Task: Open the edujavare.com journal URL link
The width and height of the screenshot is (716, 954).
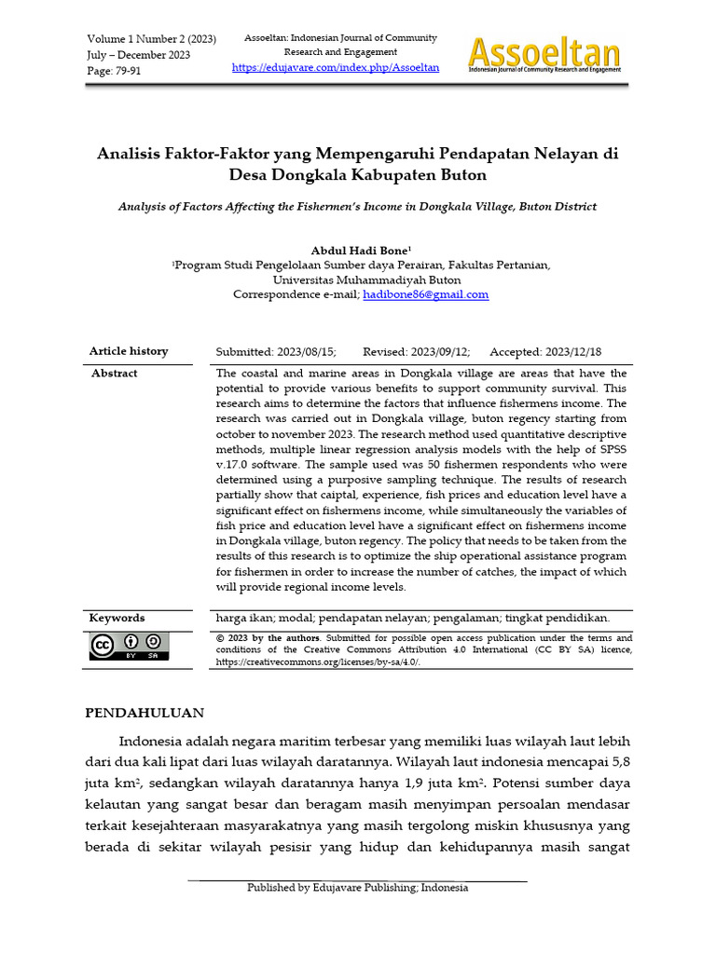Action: coord(335,68)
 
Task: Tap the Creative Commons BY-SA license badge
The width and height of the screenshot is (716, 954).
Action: coord(130,647)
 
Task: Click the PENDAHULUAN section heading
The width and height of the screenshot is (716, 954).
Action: coord(145,713)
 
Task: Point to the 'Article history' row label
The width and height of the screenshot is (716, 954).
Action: coord(129,351)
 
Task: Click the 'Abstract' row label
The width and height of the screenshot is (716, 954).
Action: coord(114,373)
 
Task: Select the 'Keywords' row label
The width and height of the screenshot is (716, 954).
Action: coord(117,618)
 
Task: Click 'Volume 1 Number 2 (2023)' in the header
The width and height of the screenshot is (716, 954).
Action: coord(151,38)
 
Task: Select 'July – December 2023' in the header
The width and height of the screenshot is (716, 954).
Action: coord(138,55)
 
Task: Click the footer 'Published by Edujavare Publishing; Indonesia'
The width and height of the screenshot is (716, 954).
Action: coord(357,888)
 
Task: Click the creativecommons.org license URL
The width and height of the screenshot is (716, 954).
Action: coord(317,661)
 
